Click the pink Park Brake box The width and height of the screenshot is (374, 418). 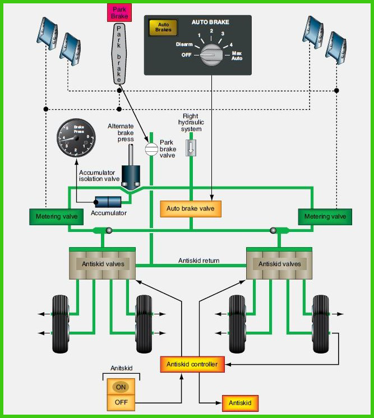[119, 12]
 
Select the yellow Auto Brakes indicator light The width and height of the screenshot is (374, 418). [163, 27]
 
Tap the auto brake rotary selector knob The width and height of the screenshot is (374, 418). [211, 55]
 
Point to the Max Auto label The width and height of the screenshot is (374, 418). [237, 55]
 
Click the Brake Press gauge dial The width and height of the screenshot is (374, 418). [76, 137]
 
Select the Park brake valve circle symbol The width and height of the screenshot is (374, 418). [151, 149]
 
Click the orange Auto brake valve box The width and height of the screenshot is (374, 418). [191, 209]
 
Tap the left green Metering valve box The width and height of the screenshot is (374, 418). [56, 217]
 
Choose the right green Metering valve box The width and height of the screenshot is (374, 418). [325, 217]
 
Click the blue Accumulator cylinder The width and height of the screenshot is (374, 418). [108, 202]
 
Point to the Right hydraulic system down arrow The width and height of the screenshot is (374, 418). [191, 148]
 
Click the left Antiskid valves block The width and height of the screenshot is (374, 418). [102, 264]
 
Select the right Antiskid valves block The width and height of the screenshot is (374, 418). [279, 264]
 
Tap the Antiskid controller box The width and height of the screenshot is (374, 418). [192, 364]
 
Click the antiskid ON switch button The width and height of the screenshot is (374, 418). [121, 387]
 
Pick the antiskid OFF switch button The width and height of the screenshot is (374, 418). [121, 402]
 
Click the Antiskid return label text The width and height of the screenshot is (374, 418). [198, 261]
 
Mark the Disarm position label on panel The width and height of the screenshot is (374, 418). [184, 44]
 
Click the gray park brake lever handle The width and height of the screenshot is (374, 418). [119, 54]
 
